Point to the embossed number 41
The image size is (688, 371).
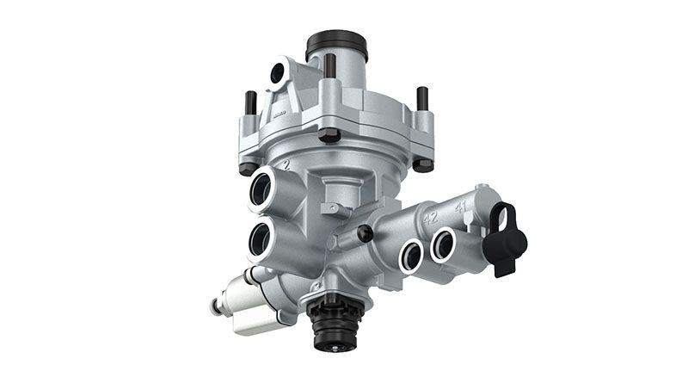(x=461, y=207)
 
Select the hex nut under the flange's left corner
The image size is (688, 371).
(x=249, y=166)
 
